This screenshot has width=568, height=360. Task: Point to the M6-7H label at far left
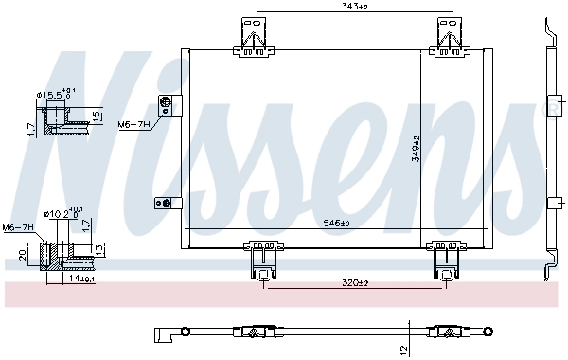point(17,227)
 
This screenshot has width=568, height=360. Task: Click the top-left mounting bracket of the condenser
point(254,33)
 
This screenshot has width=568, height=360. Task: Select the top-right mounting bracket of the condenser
point(448,33)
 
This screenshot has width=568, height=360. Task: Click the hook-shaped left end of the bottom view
point(161,333)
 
